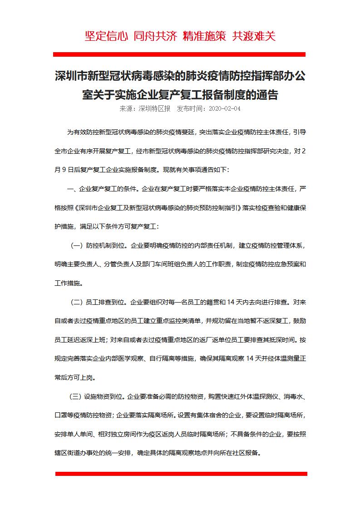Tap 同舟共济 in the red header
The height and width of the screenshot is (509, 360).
pyautogui.click(x=155, y=36)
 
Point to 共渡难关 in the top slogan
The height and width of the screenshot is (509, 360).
pyautogui.click(x=253, y=36)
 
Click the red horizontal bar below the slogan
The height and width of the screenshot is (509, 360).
pyautogui.click(x=179, y=54)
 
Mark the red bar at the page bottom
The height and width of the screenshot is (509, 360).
pyautogui.click(x=181, y=474)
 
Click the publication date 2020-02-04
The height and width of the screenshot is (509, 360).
pyautogui.click(x=224, y=109)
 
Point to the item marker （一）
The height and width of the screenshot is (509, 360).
pyautogui.click(x=76, y=245)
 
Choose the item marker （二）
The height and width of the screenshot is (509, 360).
pyautogui.click(x=76, y=302)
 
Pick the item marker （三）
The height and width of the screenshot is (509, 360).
pyautogui.click(x=75, y=396)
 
